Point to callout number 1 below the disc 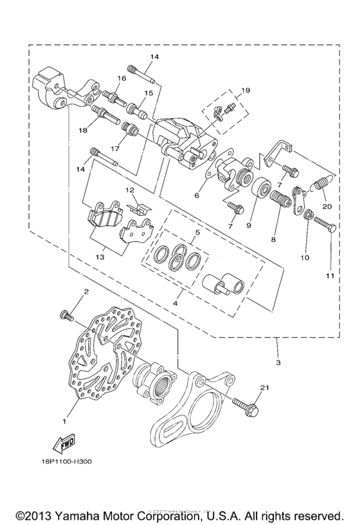[x=64, y=421]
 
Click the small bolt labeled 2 [x=66, y=314]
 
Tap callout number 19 [x=245, y=90]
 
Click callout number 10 [x=304, y=257]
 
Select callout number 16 [x=120, y=78]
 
